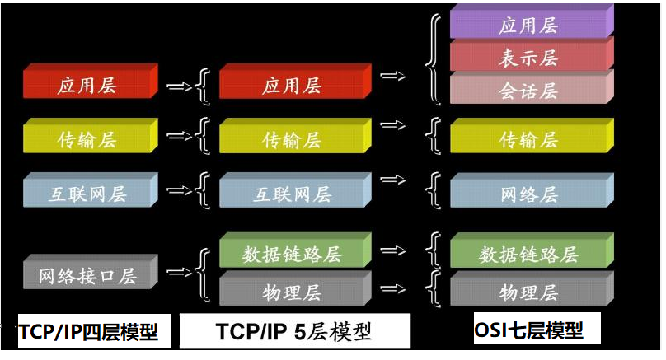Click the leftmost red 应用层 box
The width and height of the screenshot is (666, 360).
click(x=90, y=85)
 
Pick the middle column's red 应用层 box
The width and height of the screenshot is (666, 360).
click(x=293, y=85)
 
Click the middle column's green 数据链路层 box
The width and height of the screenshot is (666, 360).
click(x=293, y=253)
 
